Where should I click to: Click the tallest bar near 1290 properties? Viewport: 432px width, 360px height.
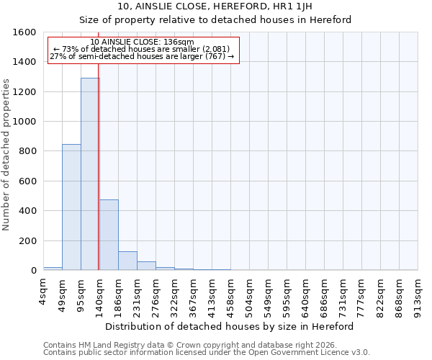tap(90, 174)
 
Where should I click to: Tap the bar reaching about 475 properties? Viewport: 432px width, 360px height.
tap(109, 235)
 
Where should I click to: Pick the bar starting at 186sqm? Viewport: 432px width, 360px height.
tap(127, 261)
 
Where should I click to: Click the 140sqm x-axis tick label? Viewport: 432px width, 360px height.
tap(100, 294)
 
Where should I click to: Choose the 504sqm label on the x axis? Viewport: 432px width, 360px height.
tap(250, 294)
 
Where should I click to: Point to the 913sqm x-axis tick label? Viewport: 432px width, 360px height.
tap(418, 294)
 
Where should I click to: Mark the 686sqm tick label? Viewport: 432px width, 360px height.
tap(325, 294)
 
